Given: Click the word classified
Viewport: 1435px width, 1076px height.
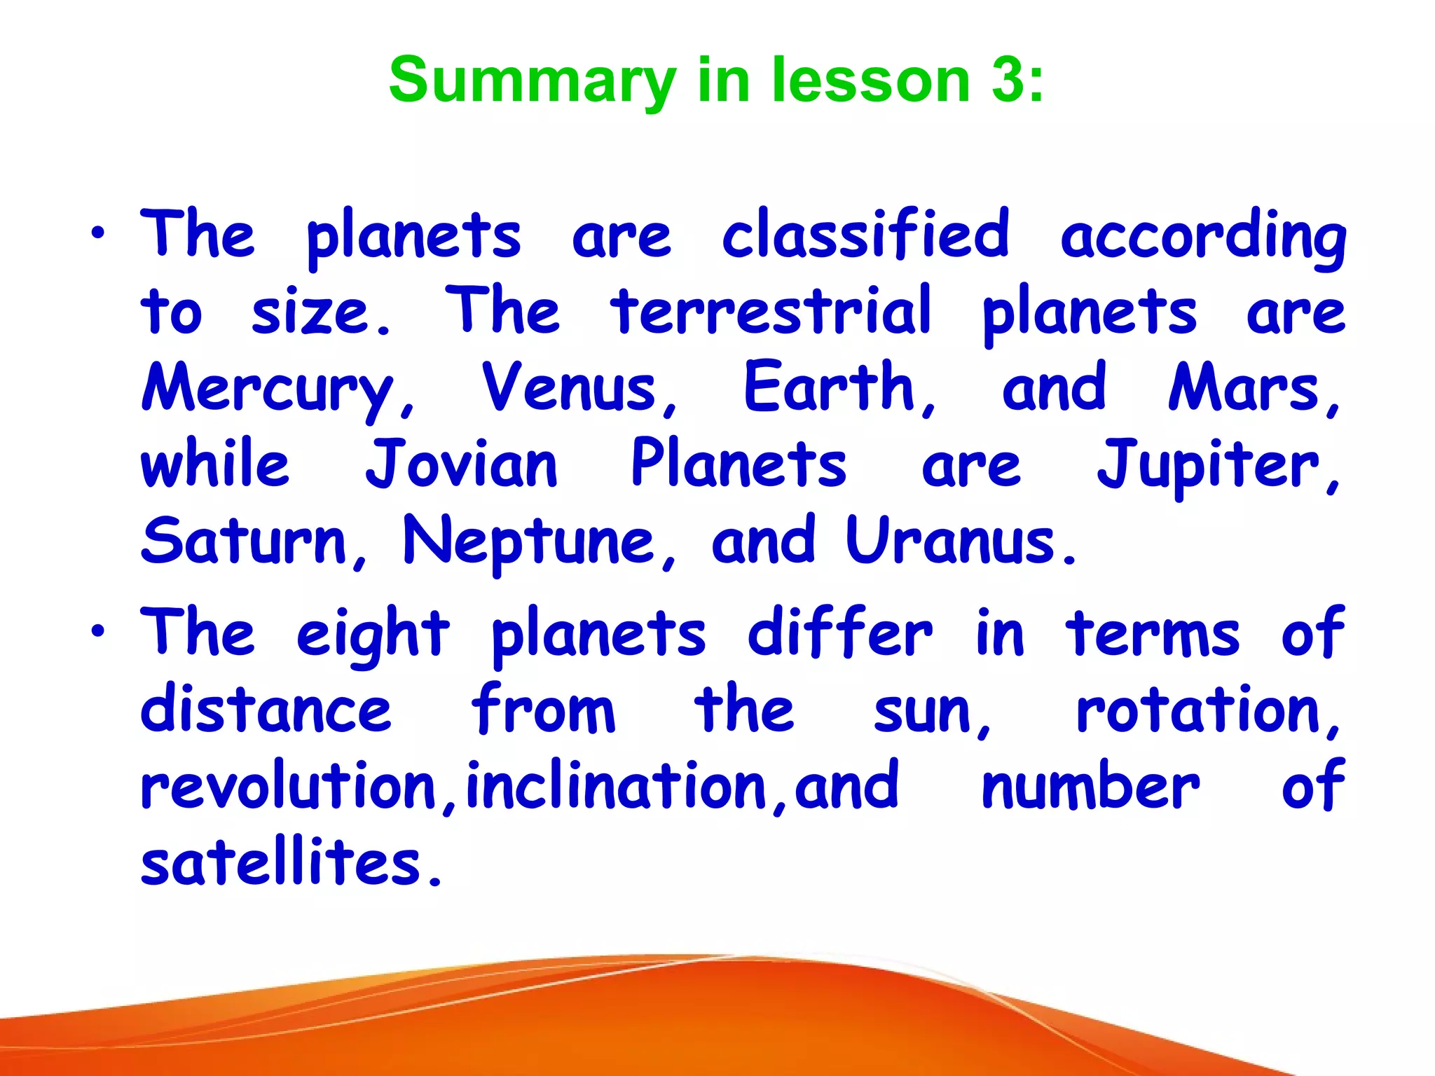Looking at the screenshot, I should [x=866, y=235].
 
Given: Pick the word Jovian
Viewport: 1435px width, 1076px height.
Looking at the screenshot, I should [x=462, y=464].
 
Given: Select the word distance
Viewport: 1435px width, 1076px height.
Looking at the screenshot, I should [x=266, y=710].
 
